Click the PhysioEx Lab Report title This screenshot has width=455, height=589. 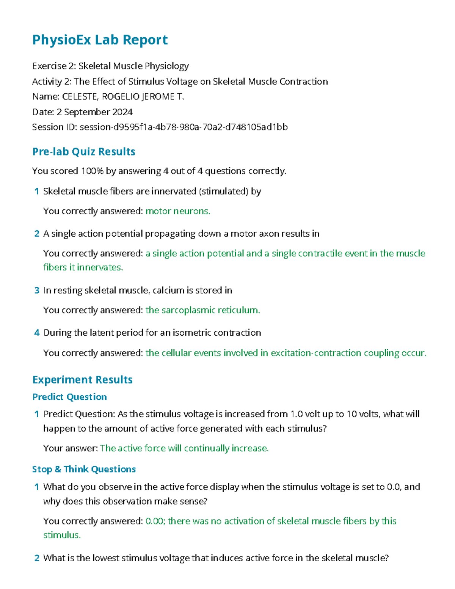point(100,40)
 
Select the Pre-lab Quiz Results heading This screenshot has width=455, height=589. point(84,152)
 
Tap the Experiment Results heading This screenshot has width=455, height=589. point(82,380)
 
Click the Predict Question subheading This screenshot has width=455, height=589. point(69,397)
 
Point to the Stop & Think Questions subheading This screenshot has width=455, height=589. point(84,469)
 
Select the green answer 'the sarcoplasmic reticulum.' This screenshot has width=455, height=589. point(203,310)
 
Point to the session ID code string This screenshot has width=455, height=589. point(184,127)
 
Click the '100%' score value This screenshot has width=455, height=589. point(92,171)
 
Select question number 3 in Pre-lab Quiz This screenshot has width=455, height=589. point(37,291)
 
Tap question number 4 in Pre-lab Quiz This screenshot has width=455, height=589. point(37,333)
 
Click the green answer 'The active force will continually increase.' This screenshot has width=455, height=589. point(184,448)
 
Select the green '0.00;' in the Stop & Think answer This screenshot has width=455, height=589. point(155,521)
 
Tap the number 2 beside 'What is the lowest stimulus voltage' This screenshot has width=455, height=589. point(37,558)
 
